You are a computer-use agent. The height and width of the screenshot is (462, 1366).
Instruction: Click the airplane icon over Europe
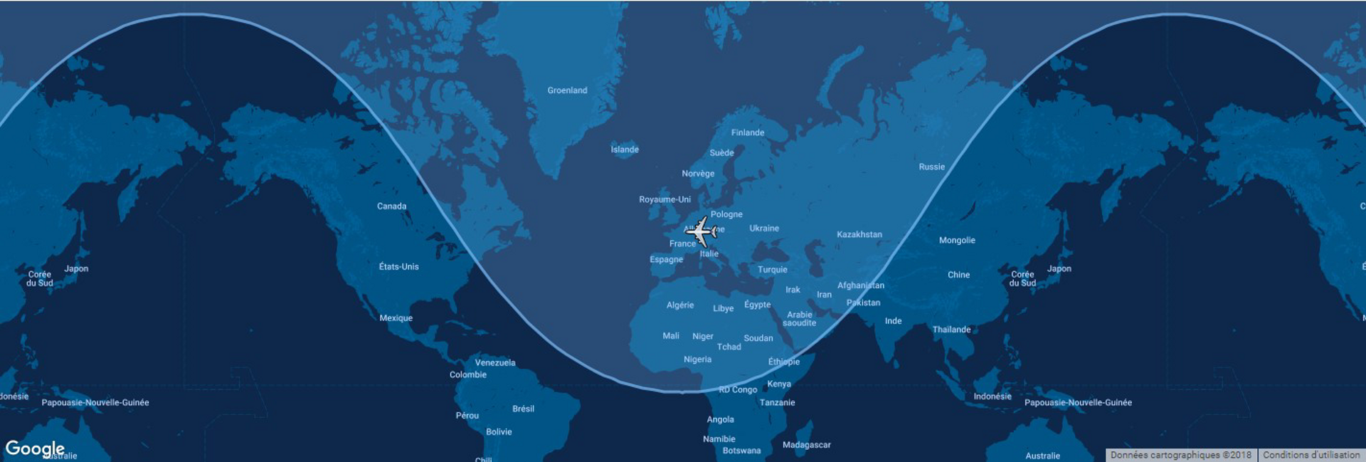701,231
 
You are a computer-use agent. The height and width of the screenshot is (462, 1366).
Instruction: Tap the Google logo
35,448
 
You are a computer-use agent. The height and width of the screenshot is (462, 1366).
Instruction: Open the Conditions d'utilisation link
1311,455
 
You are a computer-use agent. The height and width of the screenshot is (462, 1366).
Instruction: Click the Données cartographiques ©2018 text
1180,455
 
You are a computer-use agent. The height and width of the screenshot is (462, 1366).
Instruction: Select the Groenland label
567,90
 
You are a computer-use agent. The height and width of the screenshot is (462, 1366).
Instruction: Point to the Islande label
625,149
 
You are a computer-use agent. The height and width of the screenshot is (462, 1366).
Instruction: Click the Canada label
391,206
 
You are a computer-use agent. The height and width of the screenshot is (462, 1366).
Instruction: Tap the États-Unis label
398,267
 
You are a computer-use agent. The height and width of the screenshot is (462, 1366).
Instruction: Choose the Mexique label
396,318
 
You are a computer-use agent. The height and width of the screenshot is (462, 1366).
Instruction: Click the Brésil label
523,409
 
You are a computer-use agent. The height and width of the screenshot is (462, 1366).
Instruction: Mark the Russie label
931,167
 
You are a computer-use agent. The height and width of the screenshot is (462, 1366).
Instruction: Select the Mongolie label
957,241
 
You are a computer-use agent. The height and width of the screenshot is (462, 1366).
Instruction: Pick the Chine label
958,275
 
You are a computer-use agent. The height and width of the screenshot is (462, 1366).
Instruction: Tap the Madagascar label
806,445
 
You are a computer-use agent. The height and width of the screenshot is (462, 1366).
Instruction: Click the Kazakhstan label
859,234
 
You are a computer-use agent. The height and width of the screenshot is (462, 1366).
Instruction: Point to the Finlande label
748,132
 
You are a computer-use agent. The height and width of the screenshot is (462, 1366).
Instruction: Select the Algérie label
680,305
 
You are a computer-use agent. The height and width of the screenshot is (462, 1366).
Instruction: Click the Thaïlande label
951,330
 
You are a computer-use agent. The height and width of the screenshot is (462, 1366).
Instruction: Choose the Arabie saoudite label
800,319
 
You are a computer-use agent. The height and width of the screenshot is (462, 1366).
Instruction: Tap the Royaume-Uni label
665,199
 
